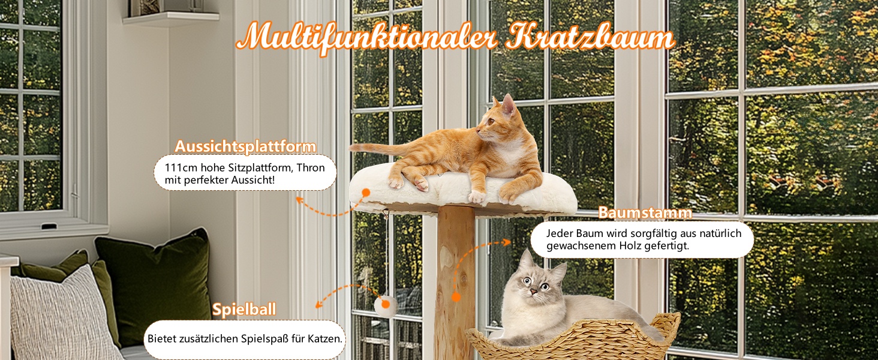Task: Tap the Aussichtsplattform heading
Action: point(245,146)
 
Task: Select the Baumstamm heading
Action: point(645,212)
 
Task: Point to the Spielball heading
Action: point(244,310)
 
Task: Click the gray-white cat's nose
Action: point(534,292)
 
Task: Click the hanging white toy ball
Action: point(385,306)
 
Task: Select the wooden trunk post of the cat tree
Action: point(455,283)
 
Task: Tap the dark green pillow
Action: point(157,283)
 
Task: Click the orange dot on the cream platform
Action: point(366,193)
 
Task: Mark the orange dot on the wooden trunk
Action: point(455,297)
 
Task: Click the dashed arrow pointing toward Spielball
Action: point(345,289)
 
